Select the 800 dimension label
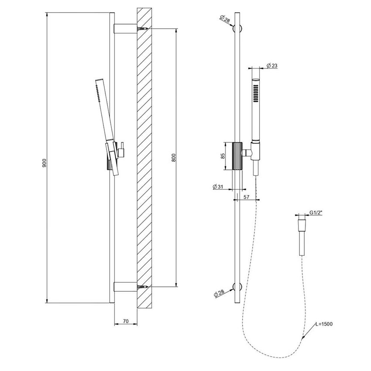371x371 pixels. pos(174,158)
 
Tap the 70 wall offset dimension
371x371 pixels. pos(125,322)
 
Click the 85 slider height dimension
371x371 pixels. pos(223,155)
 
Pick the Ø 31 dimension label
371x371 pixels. pos(218,186)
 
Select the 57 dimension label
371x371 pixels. pos(246,197)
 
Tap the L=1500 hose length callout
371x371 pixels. pos(326,324)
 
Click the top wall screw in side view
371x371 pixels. pos(142,29)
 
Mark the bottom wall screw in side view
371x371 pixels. pos(142,287)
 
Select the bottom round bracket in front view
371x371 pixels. pos(237,287)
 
